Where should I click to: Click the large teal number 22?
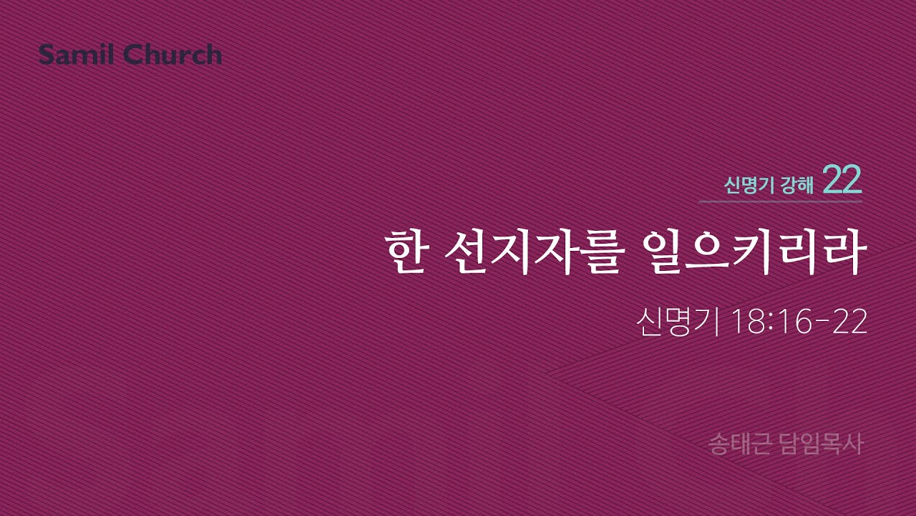(x=842, y=182)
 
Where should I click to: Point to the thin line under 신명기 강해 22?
(x=780, y=202)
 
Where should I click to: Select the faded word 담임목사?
(x=822, y=444)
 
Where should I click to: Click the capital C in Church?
(x=135, y=54)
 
